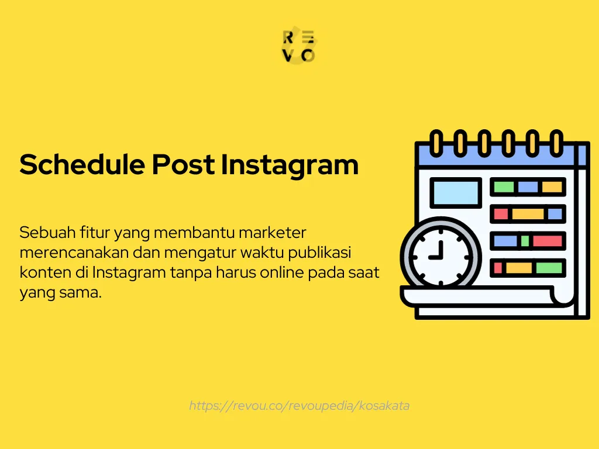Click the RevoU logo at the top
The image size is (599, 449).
(x=299, y=47)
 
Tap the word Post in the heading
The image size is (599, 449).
(x=184, y=165)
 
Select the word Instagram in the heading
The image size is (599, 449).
(x=290, y=165)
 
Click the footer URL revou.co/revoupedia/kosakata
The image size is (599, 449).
(x=299, y=405)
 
